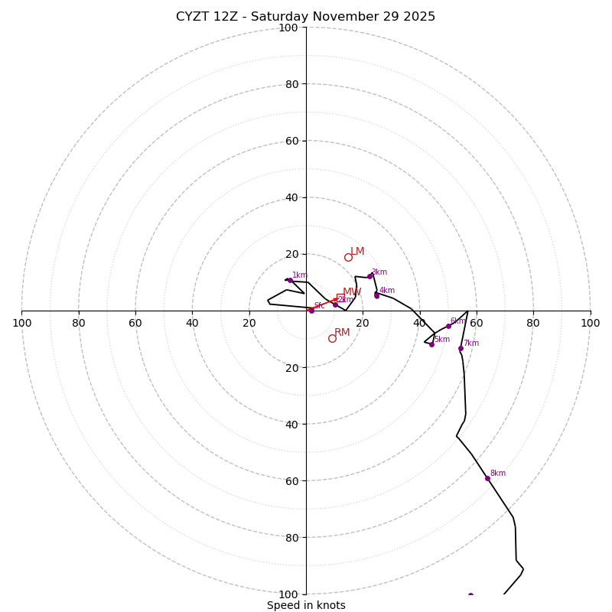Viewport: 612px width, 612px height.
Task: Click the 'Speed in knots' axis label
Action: pyautogui.click(x=306, y=605)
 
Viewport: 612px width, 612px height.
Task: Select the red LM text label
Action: pyautogui.click(x=357, y=252)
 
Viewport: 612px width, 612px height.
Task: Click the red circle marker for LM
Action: pyautogui.click(x=348, y=257)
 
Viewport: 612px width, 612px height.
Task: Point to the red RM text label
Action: pyautogui.click(x=342, y=333)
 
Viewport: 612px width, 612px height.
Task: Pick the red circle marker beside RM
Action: pyautogui.click(x=332, y=338)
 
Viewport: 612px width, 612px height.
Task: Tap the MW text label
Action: pyautogui.click(x=352, y=292)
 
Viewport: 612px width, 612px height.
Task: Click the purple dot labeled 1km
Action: pyautogui.click(x=290, y=280)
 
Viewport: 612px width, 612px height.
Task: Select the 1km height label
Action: pyautogui.click(x=300, y=275)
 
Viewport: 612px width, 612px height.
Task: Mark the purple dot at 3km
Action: pyautogui.click(x=369, y=276)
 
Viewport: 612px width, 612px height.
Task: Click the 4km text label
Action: pyautogui.click(x=387, y=291)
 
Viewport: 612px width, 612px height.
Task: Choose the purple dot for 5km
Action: pyautogui.click(x=431, y=344)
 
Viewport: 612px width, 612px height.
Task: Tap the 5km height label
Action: pyautogui.click(x=442, y=340)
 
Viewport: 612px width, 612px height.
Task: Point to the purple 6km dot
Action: pyautogui.click(x=448, y=326)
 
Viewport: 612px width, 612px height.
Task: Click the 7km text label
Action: pyautogui.click(x=471, y=343)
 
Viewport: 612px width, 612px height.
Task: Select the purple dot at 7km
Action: pyautogui.click(x=461, y=348)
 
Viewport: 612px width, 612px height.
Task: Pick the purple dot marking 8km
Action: pyautogui.click(x=487, y=478)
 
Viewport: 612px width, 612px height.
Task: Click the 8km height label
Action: pyautogui.click(x=498, y=474)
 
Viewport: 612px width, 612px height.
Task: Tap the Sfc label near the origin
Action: pyautogui.click(x=319, y=306)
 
